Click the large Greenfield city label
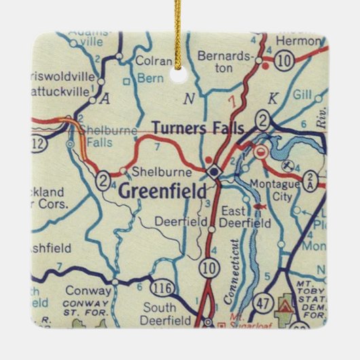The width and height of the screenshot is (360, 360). [x=162, y=191]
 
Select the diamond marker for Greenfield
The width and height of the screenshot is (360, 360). [x=214, y=171]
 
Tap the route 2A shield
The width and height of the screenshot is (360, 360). [x=312, y=181]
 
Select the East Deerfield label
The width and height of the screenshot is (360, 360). [x=253, y=217]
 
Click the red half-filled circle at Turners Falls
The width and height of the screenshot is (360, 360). [x=260, y=154]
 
